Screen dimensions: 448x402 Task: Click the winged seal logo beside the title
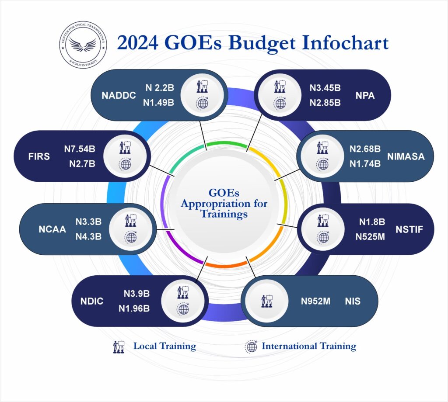(83, 45)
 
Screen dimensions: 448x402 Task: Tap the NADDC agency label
(119, 95)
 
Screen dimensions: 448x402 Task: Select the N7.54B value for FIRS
(80, 149)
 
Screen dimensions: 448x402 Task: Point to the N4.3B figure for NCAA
(88, 236)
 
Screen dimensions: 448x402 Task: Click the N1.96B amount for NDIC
(134, 308)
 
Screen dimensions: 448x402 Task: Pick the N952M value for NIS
(315, 301)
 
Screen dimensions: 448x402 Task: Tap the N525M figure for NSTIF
(370, 236)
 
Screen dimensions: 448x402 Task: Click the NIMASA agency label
(406, 156)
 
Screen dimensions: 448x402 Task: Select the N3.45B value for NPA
(325, 88)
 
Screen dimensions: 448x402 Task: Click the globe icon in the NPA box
(280, 103)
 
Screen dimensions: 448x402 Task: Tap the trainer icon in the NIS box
(267, 301)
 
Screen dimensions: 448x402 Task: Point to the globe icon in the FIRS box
(125, 164)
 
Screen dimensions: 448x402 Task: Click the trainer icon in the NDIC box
(183, 292)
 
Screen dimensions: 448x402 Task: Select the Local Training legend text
(165, 346)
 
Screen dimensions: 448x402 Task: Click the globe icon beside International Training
(252, 347)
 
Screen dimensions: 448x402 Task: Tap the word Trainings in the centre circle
(224, 214)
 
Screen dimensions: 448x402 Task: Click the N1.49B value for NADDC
(158, 102)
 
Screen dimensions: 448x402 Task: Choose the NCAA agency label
(52, 229)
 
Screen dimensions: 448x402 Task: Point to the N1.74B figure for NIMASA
(365, 164)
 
